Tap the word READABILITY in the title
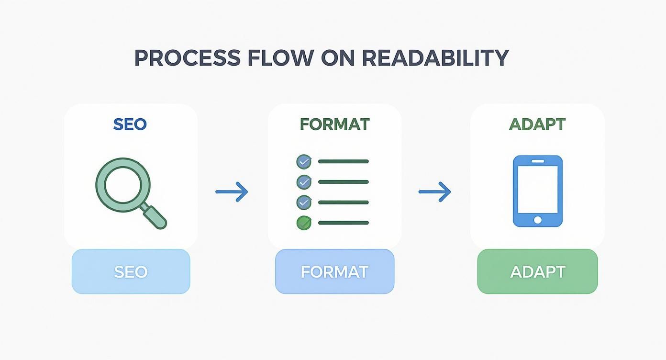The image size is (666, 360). click(434, 58)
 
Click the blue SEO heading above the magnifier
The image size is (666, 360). click(130, 124)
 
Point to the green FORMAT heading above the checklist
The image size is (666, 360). click(334, 124)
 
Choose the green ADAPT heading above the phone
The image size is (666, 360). click(537, 124)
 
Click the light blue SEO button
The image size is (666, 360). click(131, 271)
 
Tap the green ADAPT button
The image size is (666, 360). click(537, 271)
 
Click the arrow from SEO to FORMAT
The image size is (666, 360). click(232, 192)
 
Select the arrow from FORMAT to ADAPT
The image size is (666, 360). click(435, 192)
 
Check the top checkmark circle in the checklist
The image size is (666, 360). click(304, 162)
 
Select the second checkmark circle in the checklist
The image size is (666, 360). click(304, 182)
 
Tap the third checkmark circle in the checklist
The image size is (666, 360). click(304, 202)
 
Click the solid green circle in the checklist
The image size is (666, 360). click(304, 223)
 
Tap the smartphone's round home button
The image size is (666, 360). click(538, 220)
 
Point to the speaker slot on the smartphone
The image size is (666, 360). click(538, 161)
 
